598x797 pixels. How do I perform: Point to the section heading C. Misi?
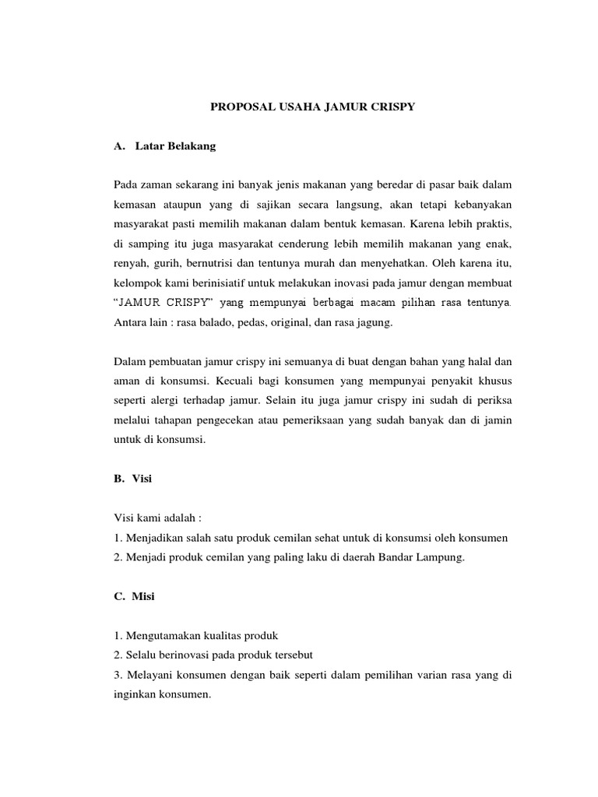[x=133, y=597]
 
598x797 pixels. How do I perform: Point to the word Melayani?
[x=151, y=676]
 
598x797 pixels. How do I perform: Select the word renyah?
[x=131, y=261]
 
